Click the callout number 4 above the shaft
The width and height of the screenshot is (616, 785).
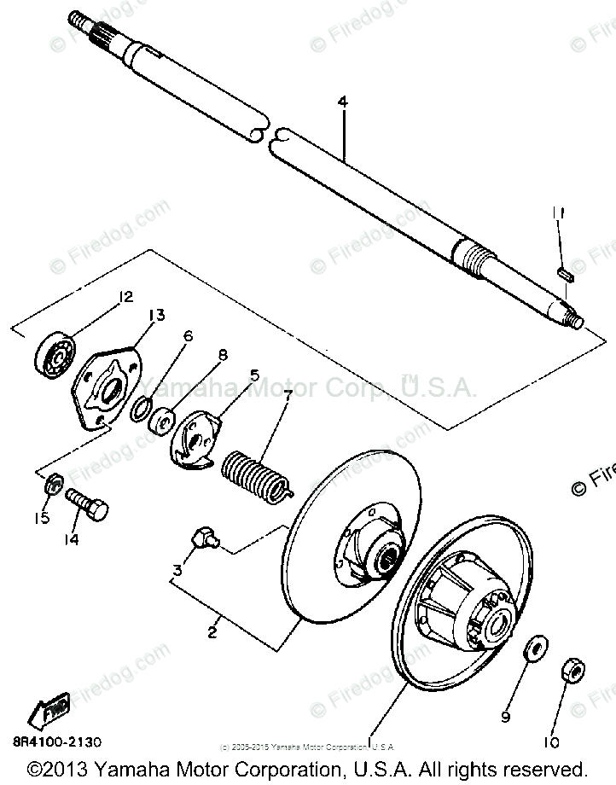pyautogui.click(x=343, y=102)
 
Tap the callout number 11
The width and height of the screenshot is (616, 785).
pyautogui.click(x=557, y=212)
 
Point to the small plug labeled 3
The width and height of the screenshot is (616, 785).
pyautogui.click(x=204, y=539)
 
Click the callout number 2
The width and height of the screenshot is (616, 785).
pyautogui.click(x=212, y=633)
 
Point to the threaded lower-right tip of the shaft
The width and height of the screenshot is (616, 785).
pyautogui.click(x=573, y=320)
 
